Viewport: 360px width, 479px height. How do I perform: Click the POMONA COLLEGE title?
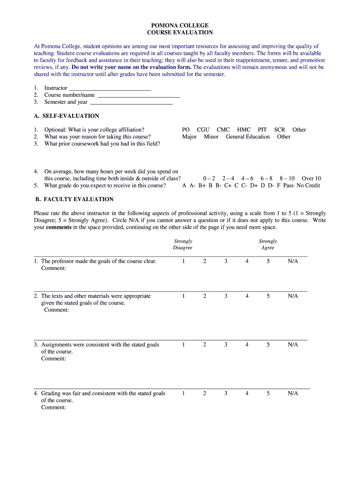coord(180,25)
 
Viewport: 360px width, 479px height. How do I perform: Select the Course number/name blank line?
coord(139,95)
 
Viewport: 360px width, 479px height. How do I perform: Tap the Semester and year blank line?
coord(131,102)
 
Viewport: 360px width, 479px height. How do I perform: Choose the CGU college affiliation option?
coord(203,130)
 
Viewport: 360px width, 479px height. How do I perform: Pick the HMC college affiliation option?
coord(244,130)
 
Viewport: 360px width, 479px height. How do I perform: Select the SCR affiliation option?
coord(280,130)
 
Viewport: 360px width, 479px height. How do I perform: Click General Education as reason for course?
coord(247,137)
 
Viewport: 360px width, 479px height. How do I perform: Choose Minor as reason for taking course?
coord(211,137)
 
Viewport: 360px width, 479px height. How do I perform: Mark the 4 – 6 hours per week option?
coord(247,178)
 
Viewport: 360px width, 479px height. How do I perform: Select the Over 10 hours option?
coord(311,178)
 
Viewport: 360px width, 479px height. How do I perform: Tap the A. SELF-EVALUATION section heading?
coord(66,116)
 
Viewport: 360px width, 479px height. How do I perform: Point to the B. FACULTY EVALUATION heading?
coord(73,199)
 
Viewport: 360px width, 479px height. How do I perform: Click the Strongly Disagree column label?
coord(182,244)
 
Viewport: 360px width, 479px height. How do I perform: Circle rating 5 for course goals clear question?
coord(268,261)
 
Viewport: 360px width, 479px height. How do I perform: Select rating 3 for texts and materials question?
coord(225,296)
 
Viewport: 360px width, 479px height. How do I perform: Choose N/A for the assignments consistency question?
coord(293,344)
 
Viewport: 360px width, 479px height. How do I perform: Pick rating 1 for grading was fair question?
coord(183,393)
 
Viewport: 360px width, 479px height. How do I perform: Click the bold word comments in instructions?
coord(59,227)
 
